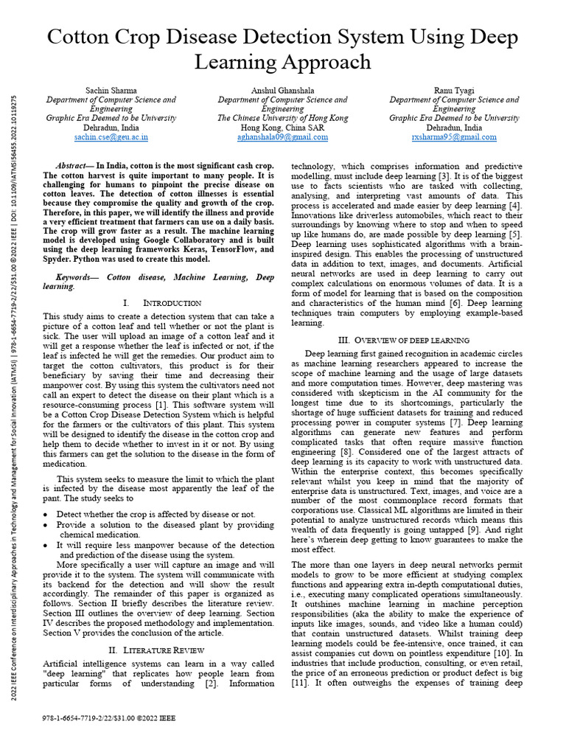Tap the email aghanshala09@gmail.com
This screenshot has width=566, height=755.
[x=283, y=137]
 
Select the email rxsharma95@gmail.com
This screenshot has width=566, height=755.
[x=454, y=137]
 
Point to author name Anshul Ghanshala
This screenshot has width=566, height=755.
[x=283, y=90]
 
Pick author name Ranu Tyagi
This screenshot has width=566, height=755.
[x=454, y=90]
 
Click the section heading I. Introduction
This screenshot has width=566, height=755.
[x=161, y=303]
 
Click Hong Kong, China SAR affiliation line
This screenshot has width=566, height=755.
[x=283, y=128]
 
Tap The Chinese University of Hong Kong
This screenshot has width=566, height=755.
[x=283, y=118]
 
